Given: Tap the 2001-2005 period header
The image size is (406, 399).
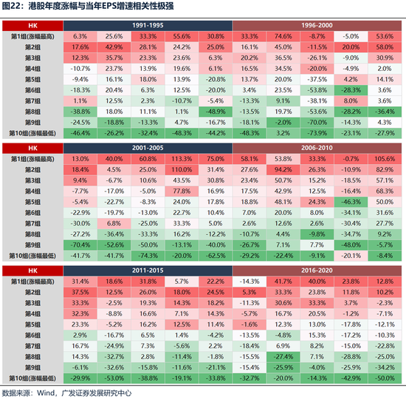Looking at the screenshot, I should pyautogui.click(x=148, y=147).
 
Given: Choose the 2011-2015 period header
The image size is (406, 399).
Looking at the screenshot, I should pyautogui.click(x=148, y=270).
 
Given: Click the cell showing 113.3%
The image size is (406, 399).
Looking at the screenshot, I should pyautogui.click(x=182, y=159).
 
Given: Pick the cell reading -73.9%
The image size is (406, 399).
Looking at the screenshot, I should pyautogui.click(x=317, y=132).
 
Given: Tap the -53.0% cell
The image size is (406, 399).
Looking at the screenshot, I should pyautogui.click(x=114, y=377).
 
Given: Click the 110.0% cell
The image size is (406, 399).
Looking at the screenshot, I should pyautogui.click(x=182, y=169).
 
